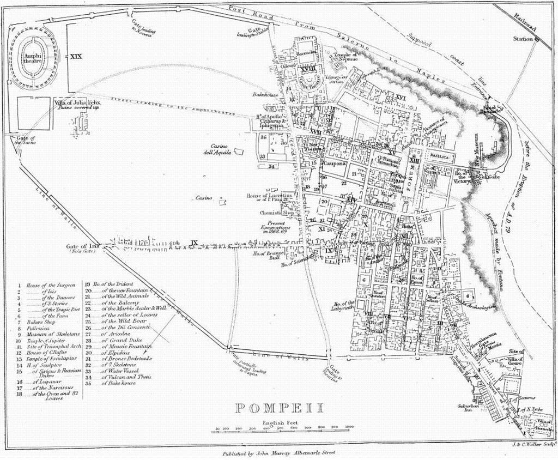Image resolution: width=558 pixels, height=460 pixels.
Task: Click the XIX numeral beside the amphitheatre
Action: tap(76, 56)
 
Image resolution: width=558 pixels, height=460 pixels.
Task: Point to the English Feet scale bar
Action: tap(284, 431)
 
